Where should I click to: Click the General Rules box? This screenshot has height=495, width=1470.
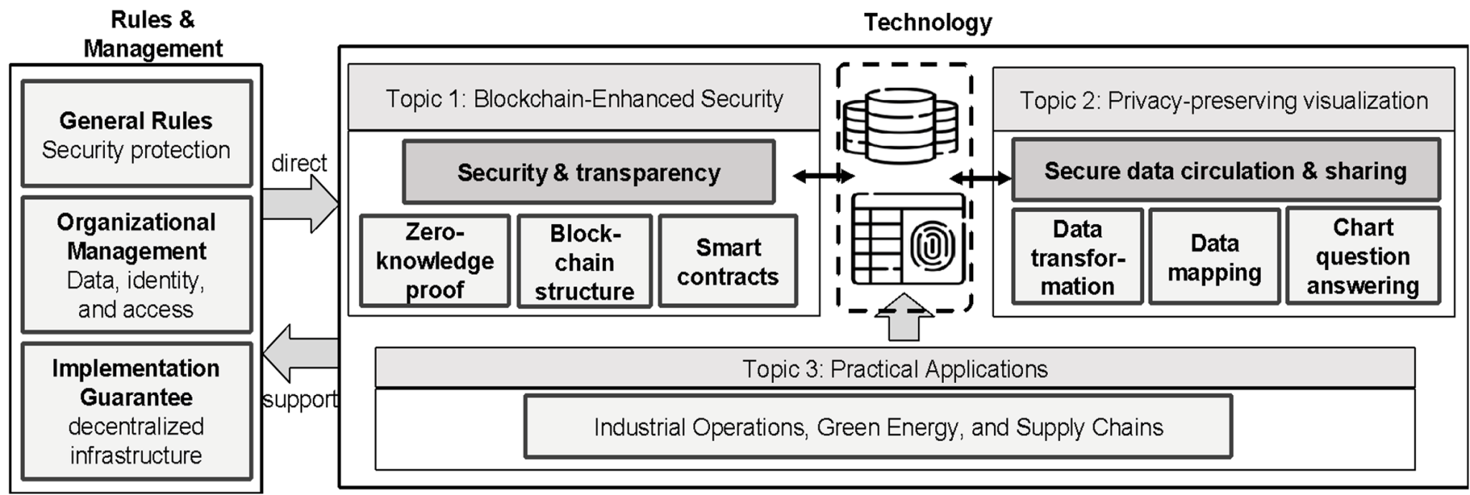(136, 134)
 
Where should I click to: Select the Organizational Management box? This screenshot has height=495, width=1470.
(136, 265)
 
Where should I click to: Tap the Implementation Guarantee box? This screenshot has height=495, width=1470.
(136, 411)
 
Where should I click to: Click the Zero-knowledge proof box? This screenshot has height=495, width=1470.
(435, 261)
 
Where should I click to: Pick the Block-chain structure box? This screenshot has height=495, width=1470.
(584, 262)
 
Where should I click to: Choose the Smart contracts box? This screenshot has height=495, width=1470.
(728, 262)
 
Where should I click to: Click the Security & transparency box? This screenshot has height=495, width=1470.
(589, 172)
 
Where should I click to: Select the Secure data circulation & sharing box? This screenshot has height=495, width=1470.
(1225, 170)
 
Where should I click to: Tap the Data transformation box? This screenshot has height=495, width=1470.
(1077, 257)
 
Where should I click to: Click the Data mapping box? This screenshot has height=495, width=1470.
(1214, 257)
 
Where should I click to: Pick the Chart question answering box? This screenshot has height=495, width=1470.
(1362, 256)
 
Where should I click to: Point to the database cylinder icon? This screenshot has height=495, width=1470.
(900, 125)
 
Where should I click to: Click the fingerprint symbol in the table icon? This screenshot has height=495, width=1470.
(931, 246)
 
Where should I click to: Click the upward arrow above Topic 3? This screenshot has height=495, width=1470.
(904, 317)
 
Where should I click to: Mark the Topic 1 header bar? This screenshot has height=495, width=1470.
(584, 98)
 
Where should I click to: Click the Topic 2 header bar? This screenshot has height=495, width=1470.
(1223, 101)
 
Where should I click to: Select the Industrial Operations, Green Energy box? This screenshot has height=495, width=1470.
(878, 427)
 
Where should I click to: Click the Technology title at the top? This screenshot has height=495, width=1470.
(927, 22)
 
